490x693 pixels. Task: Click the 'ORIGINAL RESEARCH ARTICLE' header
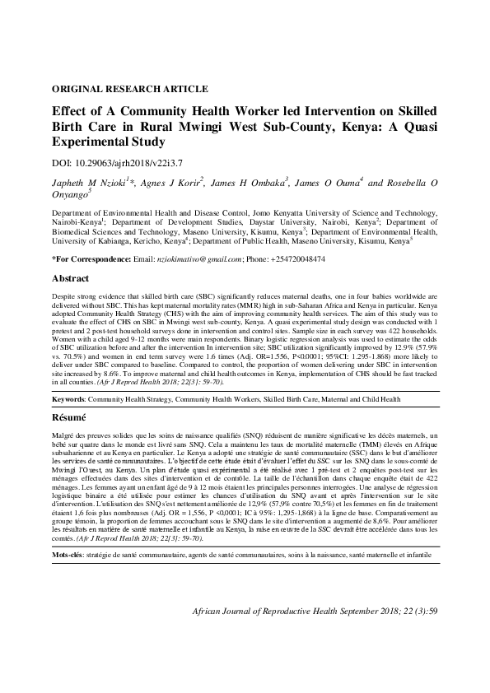click(x=129, y=89)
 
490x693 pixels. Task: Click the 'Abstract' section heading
click(x=70, y=279)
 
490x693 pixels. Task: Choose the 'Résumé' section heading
click(x=68, y=418)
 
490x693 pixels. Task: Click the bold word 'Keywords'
click(x=68, y=398)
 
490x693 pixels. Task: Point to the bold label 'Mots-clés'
click(x=68, y=533)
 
